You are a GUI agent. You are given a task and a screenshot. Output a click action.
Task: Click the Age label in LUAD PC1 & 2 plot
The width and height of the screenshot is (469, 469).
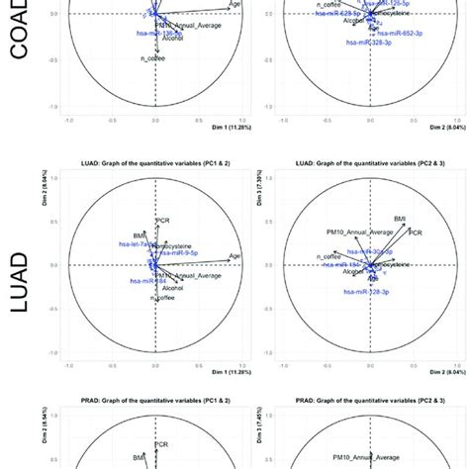[x=234, y=256]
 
